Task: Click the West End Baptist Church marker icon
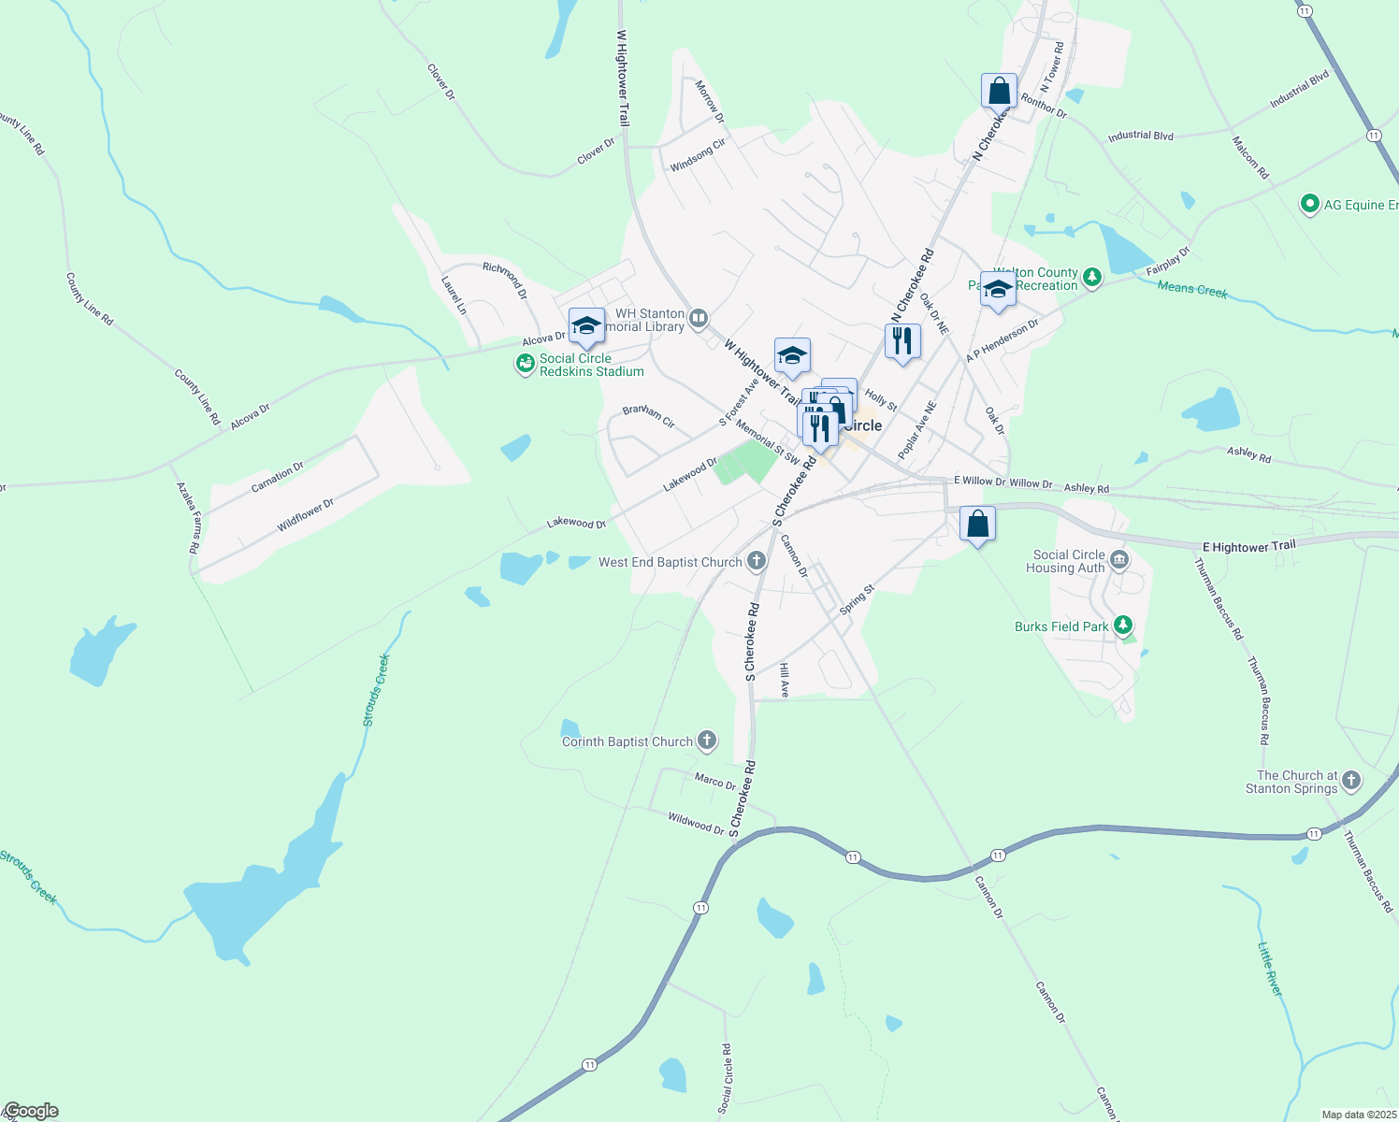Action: click(x=757, y=562)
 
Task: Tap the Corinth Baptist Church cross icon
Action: click(x=707, y=741)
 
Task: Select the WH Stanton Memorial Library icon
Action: click(x=699, y=320)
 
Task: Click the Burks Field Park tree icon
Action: click(x=1123, y=626)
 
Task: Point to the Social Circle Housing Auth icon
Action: click(x=1120, y=561)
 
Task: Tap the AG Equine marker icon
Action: click(x=1310, y=204)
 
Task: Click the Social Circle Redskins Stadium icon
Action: click(x=526, y=365)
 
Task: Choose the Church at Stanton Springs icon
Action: click(x=1351, y=781)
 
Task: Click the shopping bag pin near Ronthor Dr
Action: click(x=999, y=92)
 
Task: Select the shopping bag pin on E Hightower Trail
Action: click(x=977, y=525)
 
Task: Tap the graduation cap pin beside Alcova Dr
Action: click(x=586, y=325)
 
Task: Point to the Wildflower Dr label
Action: click(x=305, y=516)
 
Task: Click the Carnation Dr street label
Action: click(x=277, y=478)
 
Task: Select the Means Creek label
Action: click(x=1192, y=290)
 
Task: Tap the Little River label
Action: click(x=1269, y=969)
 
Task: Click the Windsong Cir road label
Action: click(x=698, y=156)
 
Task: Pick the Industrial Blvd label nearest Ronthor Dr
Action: click(x=1140, y=137)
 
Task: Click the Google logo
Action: click(x=31, y=1111)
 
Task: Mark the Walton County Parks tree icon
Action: click(x=1091, y=277)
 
